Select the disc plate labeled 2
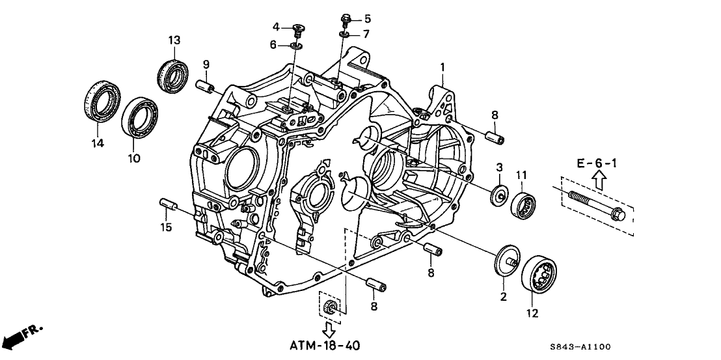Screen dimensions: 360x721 click(x=507, y=259)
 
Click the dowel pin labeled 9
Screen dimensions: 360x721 click(x=206, y=86)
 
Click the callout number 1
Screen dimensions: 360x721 click(x=442, y=67)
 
